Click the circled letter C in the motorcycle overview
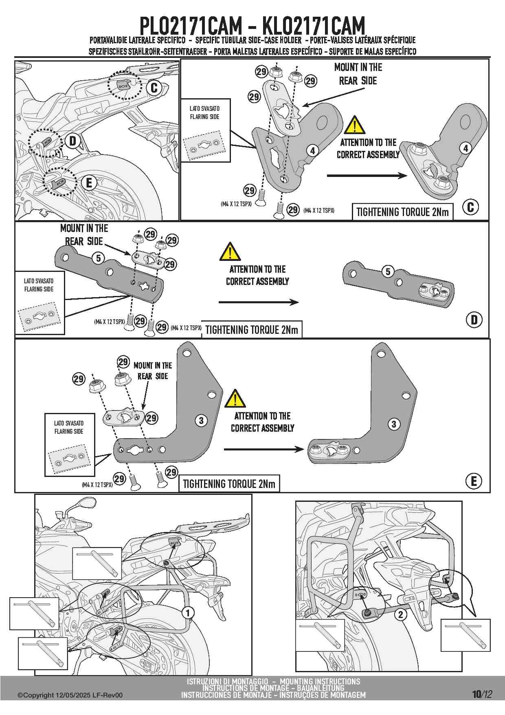coord(154,88)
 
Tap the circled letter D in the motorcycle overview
coord(73,141)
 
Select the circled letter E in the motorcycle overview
coord(89,183)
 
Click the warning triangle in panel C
coord(354,126)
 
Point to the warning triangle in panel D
coord(230,252)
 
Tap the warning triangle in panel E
coord(235,399)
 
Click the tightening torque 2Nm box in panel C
coord(402,212)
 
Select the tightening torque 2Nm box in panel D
coord(252,330)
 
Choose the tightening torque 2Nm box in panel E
coord(229,484)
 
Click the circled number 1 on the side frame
coord(188,613)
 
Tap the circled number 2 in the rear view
coord(401,614)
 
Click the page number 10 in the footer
coord(476,694)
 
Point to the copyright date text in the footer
coord(70,695)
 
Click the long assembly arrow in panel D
coord(259,302)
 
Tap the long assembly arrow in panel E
coord(263,449)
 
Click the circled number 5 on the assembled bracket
coord(388,271)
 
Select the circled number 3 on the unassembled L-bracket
coord(201,420)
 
